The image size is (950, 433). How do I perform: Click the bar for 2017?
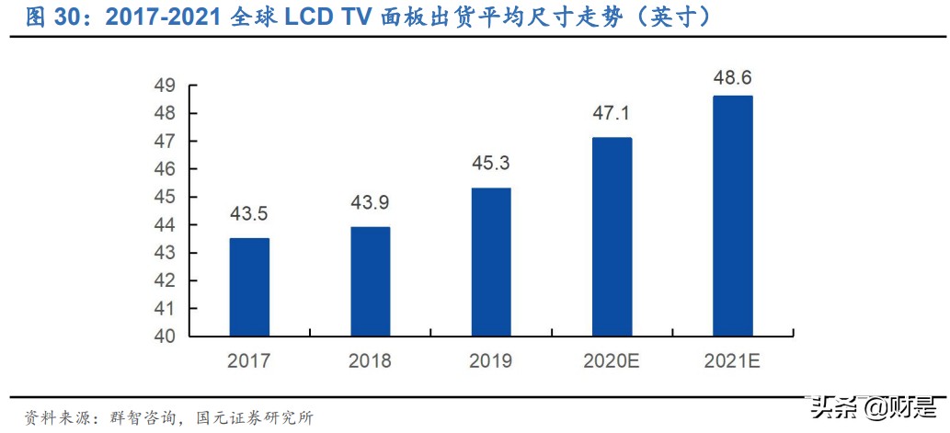(x=249, y=287)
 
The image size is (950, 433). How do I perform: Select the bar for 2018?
(x=370, y=281)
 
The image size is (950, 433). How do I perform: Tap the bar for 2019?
(x=491, y=262)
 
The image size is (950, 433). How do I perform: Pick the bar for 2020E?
(x=612, y=237)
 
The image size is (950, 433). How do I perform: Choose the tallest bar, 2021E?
(x=733, y=216)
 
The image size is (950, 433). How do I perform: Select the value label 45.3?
(x=491, y=165)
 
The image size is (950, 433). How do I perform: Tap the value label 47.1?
(x=612, y=115)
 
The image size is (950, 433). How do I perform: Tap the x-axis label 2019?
(x=491, y=361)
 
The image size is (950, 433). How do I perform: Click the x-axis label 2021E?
(x=733, y=361)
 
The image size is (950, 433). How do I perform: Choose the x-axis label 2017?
(x=249, y=361)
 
